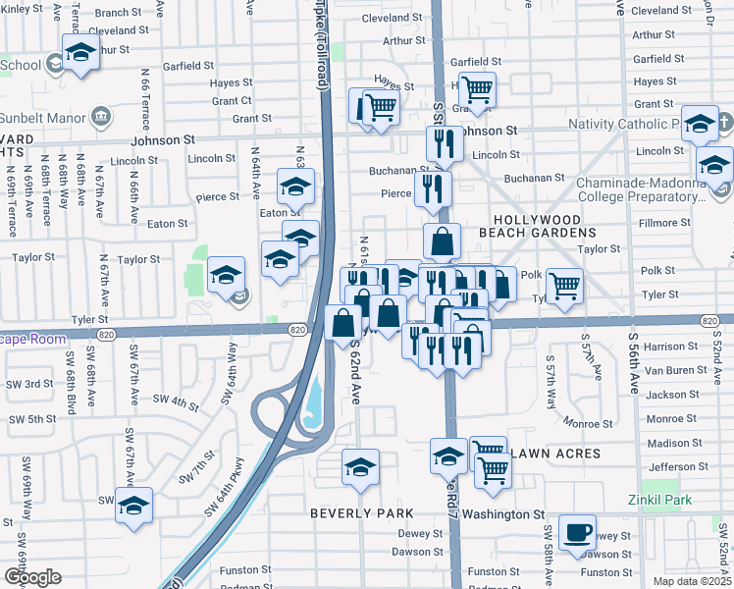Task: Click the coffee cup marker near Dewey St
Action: point(576,532)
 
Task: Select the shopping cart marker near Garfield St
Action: point(477,89)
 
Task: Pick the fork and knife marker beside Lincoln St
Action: point(445,143)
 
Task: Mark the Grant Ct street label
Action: point(232,101)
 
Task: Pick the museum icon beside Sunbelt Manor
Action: point(101,119)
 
